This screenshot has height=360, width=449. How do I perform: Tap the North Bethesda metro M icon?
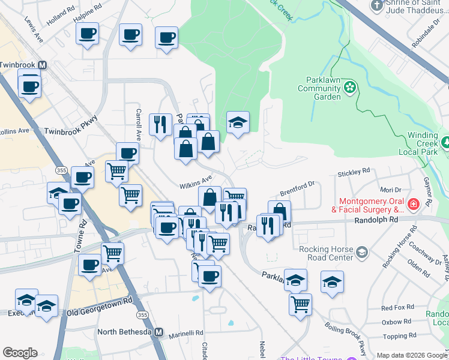pos(159,332)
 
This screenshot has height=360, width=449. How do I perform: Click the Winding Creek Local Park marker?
pos(445,143)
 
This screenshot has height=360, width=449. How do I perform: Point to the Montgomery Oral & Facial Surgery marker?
pos(412,206)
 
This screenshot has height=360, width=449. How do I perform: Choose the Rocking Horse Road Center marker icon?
pos(361,251)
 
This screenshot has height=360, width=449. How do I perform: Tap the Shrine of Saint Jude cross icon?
pos(377,6)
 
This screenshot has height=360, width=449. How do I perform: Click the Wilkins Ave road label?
pos(195,179)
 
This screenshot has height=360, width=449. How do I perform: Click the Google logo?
pos(20,353)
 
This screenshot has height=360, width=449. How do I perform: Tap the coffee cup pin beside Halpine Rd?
pos(88,34)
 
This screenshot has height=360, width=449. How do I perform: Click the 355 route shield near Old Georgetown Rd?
pos(142,315)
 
